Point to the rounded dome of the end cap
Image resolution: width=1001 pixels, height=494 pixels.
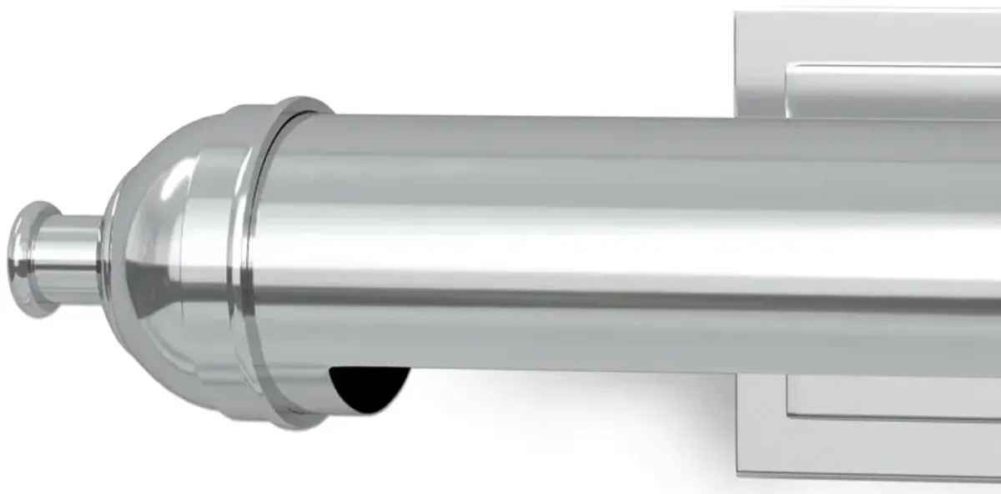click(158, 250)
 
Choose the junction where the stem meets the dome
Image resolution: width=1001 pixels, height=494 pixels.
click(103, 259)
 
